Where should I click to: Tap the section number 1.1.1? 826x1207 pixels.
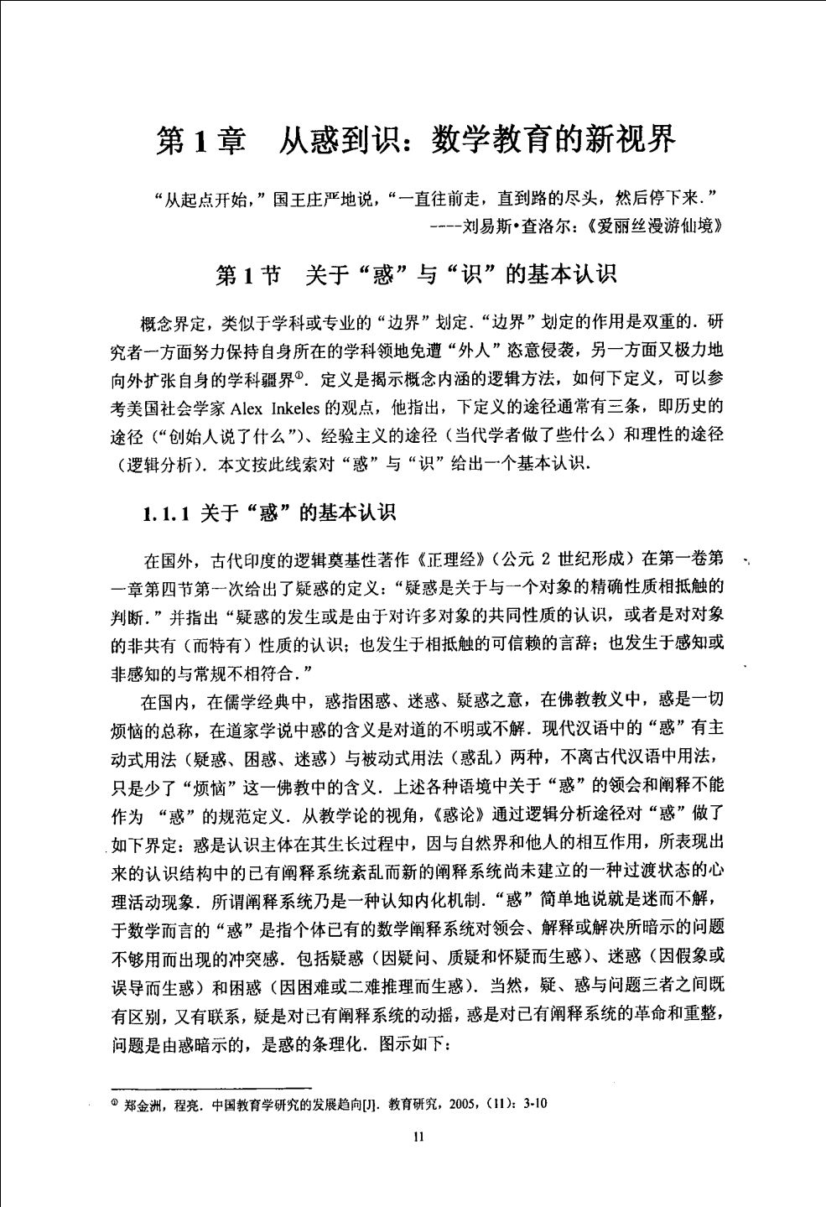pos(167,513)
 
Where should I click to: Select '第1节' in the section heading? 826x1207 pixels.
pos(249,274)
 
